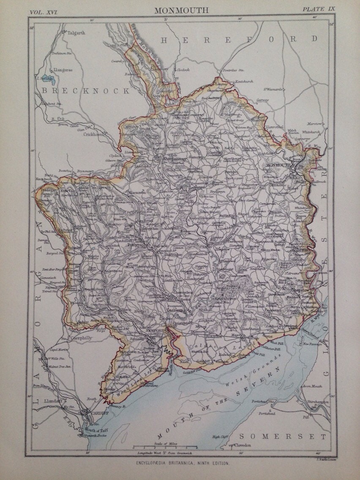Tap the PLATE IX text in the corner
pyautogui.click(x=318, y=9)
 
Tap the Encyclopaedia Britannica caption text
pyautogui.click(x=180, y=464)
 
